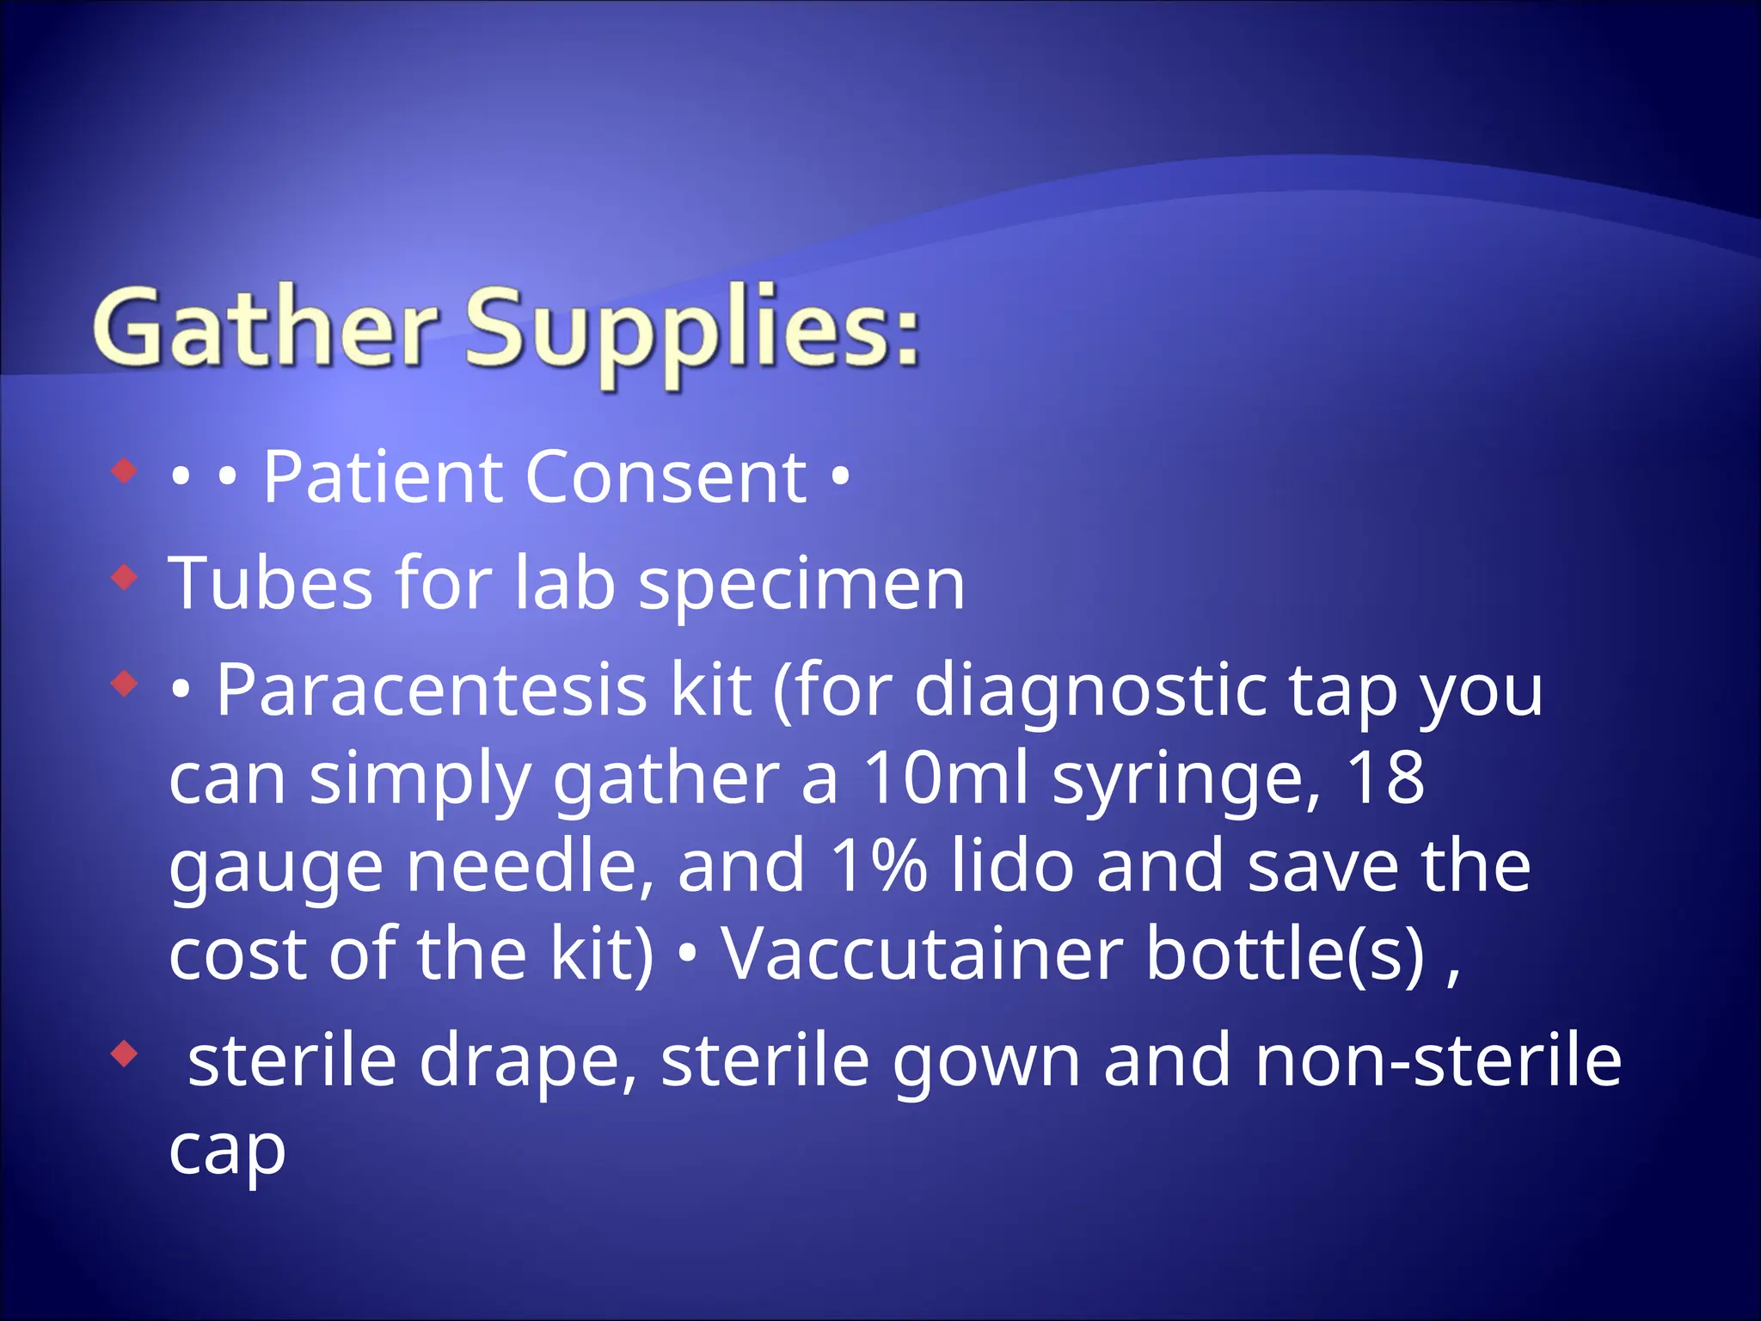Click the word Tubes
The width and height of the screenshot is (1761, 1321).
coord(271,583)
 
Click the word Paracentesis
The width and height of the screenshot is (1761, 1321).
coord(431,690)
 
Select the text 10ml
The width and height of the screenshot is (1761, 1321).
coord(946,777)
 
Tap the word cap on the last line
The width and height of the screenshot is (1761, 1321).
coord(227,1152)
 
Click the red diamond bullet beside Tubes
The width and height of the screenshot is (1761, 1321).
coord(126,577)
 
